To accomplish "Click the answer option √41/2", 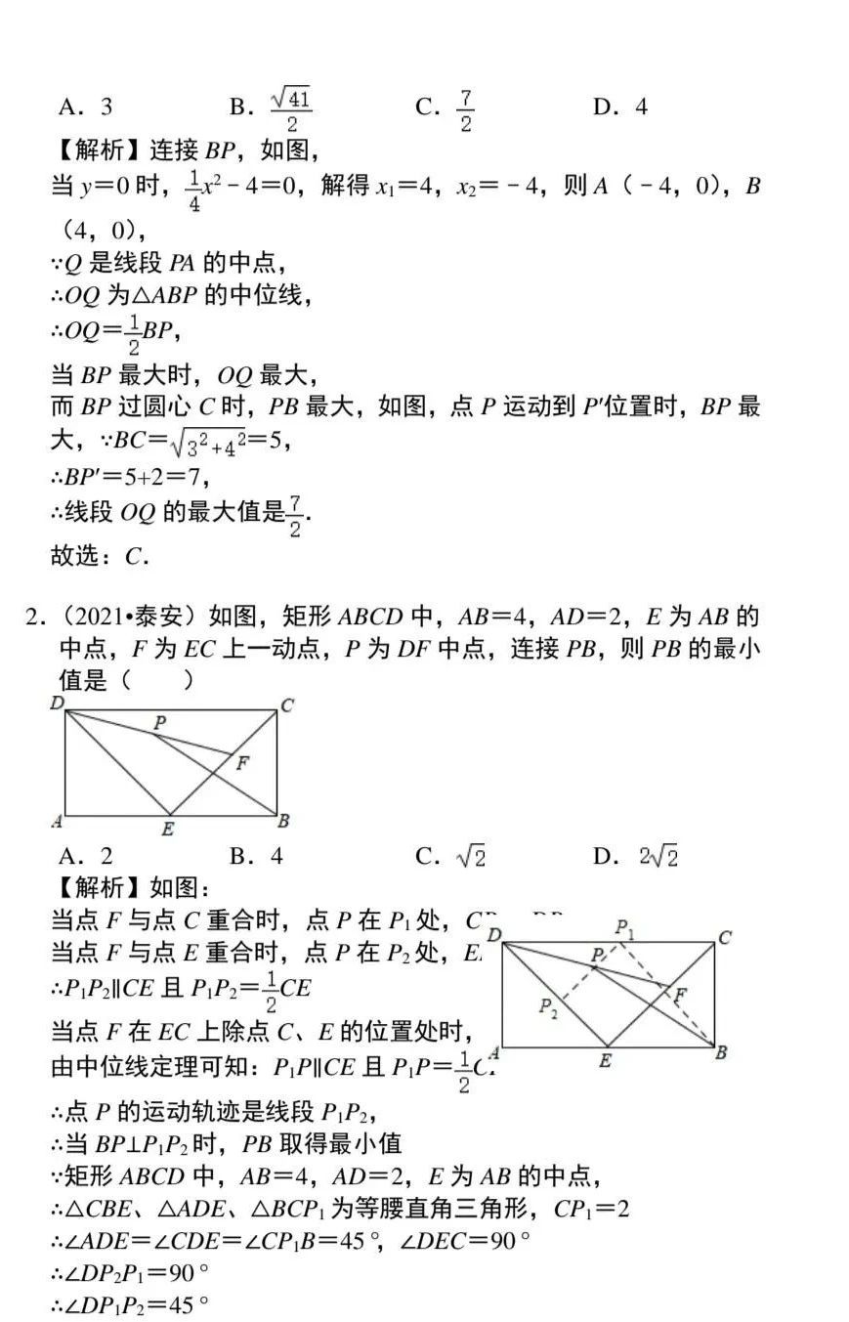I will [290, 107].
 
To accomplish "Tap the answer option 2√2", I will [659, 857].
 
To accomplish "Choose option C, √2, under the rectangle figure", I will [470, 857].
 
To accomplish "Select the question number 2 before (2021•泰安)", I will [32, 617].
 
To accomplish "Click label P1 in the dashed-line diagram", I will [624, 928].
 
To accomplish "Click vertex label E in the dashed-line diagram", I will [606, 1061].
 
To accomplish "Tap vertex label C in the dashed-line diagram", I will [725, 937].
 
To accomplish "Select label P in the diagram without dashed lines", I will [159, 722].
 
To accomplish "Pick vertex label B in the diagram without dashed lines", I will [283, 821].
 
